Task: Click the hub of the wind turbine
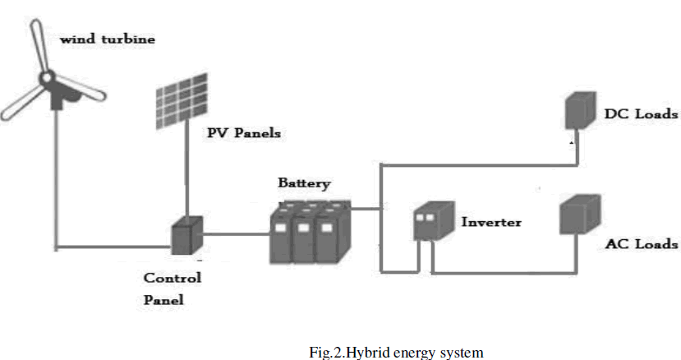(x=46, y=80)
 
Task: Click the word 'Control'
(x=172, y=278)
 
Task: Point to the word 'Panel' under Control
(x=163, y=300)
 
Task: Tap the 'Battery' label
(x=304, y=185)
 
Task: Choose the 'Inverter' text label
(x=491, y=222)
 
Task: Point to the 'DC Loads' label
(x=641, y=114)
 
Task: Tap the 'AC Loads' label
(x=641, y=244)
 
